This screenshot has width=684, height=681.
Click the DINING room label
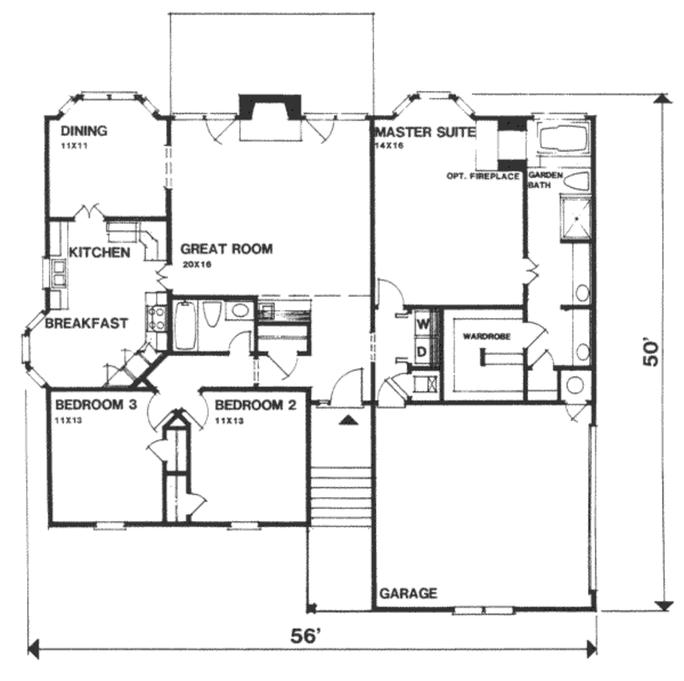tap(83, 130)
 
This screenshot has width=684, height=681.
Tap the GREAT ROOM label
tap(226, 249)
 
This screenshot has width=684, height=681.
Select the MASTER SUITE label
tap(425, 132)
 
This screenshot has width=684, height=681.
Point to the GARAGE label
tap(408, 593)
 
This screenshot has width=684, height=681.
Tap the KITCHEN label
tap(100, 253)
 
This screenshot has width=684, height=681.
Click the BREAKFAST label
tap(86, 323)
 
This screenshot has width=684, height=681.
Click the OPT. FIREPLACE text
tap(483, 176)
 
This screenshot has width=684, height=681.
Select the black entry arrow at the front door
tap(347, 420)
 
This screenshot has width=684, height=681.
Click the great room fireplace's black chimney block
tap(271, 106)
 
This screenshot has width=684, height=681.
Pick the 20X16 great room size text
tap(196, 265)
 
